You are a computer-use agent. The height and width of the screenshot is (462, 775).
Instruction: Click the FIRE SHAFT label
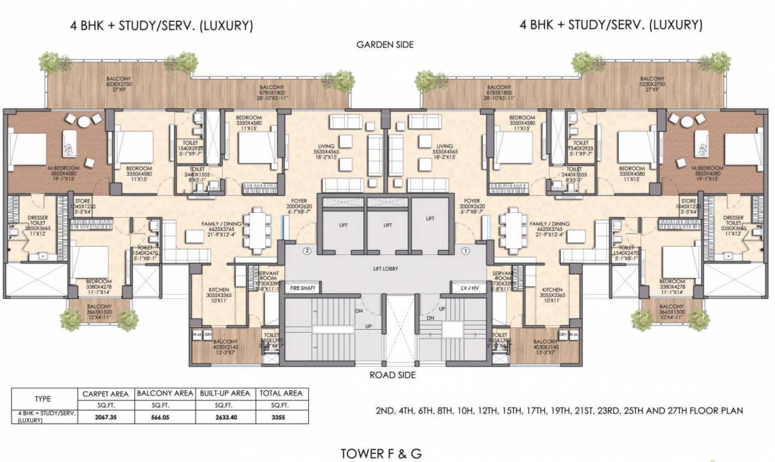pos(303,289)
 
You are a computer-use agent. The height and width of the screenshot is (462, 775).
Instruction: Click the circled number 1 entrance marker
pos(464,250)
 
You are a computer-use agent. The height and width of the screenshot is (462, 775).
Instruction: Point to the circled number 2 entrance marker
pos(307,250)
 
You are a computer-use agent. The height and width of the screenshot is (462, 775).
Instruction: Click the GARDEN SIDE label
pos(385,45)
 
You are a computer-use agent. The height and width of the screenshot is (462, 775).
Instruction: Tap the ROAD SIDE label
pos(385,375)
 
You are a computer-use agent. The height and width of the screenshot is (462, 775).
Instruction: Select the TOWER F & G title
pos(381,453)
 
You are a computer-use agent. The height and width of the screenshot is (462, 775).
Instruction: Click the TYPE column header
pos(43,399)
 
